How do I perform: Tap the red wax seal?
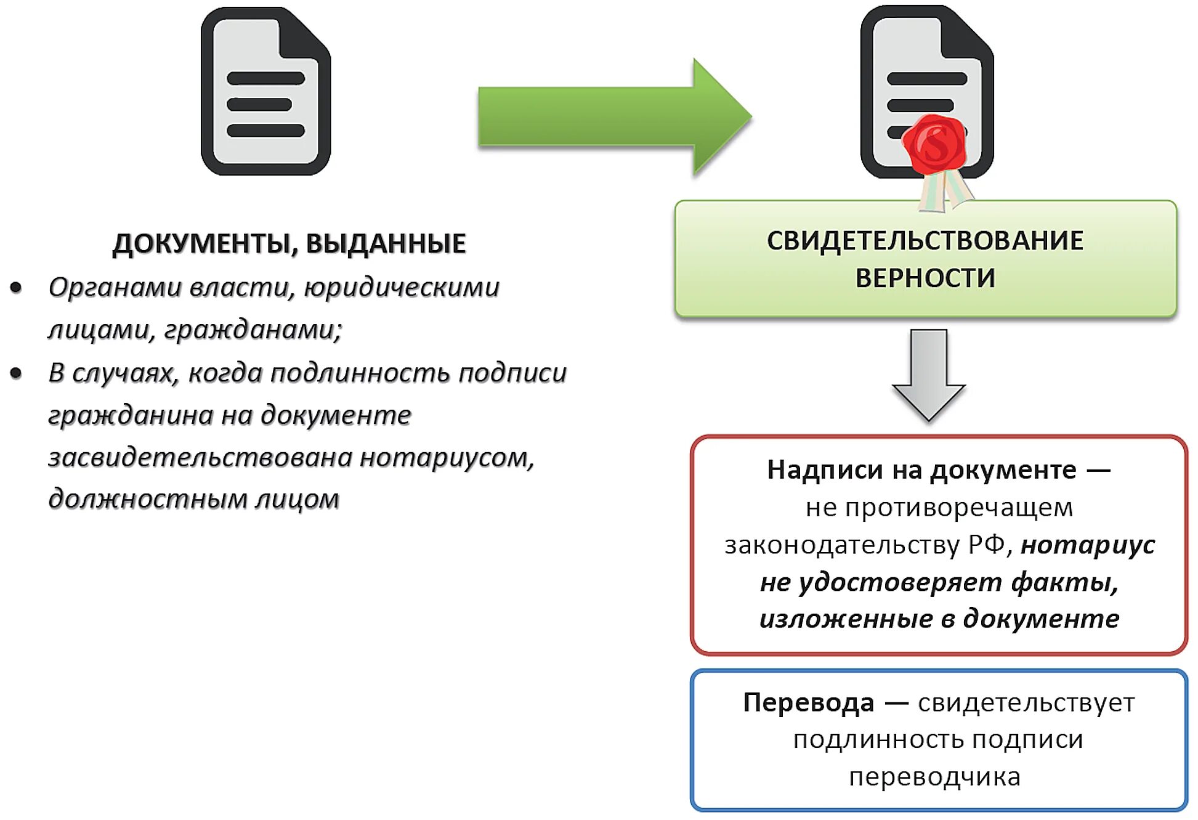click(934, 144)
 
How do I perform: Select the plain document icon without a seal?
click(265, 92)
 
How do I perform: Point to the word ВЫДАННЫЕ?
click(386, 244)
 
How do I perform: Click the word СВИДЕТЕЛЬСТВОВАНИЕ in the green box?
click(925, 241)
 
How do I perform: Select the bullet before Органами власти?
click(17, 288)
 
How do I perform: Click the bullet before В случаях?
click(17, 373)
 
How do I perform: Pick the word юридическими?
click(402, 288)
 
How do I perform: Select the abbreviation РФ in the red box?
click(986, 545)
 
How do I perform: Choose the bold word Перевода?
click(808, 703)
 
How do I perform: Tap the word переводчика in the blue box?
click(934, 777)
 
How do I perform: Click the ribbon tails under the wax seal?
click(944, 191)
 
